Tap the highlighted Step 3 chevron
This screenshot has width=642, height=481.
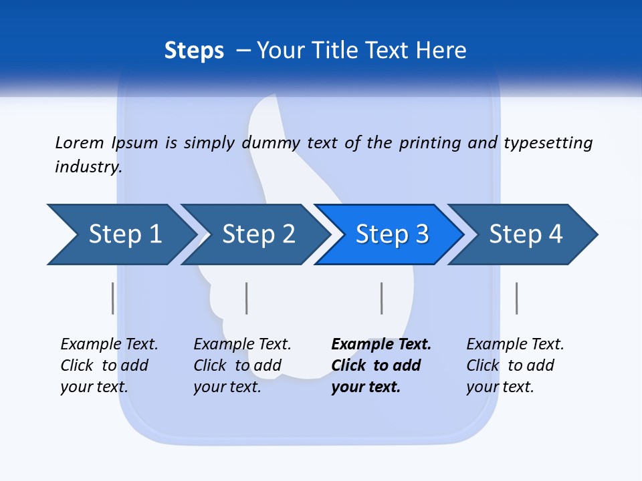coord(392,234)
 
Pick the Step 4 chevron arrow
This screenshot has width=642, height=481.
coord(526,234)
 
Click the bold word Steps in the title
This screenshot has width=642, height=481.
coord(194,51)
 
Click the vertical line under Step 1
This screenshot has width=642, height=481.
coord(113,298)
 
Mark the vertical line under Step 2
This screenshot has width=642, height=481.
coord(247,298)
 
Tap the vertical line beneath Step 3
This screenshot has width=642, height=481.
coord(382,298)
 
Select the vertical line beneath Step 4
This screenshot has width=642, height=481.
coord(517,298)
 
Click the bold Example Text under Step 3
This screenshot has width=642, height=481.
coord(381,345)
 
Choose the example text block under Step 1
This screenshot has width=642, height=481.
coord(109,365)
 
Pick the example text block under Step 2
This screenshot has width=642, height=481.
coord(242,365)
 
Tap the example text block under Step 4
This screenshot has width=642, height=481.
coord(515,365)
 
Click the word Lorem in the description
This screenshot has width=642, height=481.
coord(80,143)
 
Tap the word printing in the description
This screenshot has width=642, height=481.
coord(430,143)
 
